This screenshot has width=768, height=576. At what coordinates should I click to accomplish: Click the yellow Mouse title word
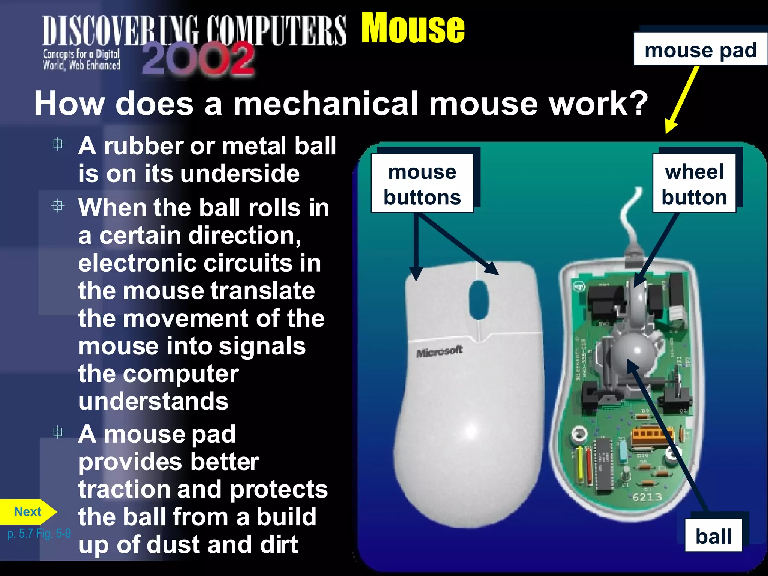[x=412, y=28]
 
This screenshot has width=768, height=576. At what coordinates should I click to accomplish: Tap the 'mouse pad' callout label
[x=700, y=50]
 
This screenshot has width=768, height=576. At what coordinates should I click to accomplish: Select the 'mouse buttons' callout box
[x=422, y=184]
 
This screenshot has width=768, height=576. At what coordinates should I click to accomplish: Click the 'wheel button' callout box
[x=694, y=184]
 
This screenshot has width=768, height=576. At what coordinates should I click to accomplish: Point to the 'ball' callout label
[x=713, y=536]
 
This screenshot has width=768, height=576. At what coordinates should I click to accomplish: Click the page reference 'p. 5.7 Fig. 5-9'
[x=39, y=533]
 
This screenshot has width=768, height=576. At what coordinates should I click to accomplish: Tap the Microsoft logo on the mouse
[x=439, y=351]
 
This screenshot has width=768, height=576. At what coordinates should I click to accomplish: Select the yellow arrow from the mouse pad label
[x=682, y=99]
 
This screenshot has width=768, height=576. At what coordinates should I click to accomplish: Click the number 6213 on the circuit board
[x=647, y=497]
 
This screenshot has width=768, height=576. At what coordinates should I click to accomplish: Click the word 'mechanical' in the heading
[x=325, y=104]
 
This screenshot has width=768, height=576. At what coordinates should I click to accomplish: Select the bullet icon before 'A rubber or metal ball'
[x=58, y=144]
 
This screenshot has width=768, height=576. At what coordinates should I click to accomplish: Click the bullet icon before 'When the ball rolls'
[x=58, y=206]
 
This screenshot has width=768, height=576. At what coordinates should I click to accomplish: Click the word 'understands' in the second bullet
[x=153, y=401]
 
